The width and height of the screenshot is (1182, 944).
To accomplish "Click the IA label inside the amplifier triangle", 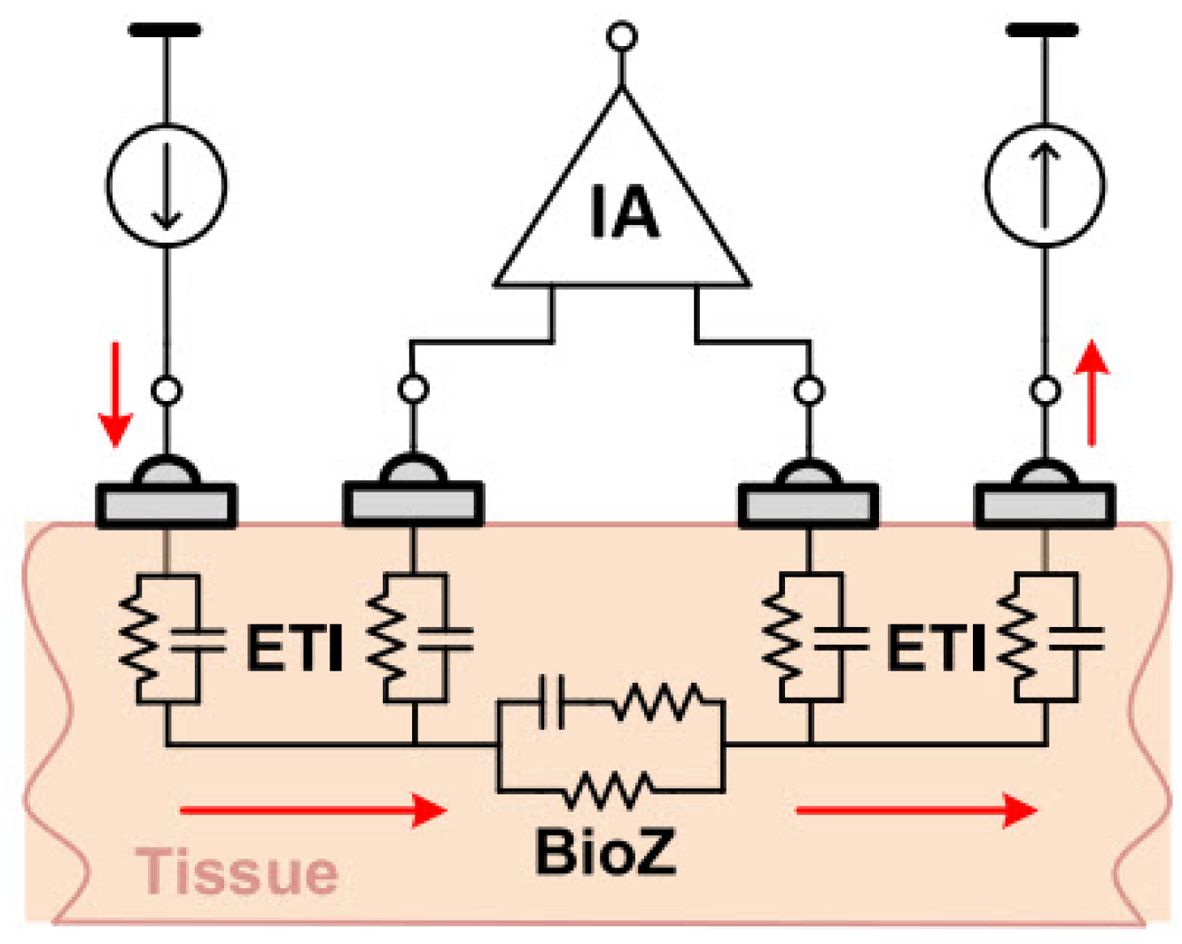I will click(624, 213).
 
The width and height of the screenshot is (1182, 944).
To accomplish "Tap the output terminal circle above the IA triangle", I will click(621, 37).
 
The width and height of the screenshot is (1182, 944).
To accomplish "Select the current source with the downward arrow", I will click(166, 186).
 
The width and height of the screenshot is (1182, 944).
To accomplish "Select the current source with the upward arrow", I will click(1045, 186).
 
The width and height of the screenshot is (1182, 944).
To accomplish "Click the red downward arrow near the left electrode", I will click(115, 394).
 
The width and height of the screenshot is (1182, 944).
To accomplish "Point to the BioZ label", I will click(605, 852).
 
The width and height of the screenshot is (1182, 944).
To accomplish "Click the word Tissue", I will click(237, 871).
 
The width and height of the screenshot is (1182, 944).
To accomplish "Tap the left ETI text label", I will click(294, 649).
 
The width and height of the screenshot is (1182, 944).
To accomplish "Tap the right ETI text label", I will click(936, 649).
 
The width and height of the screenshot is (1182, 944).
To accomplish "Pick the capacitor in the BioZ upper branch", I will click(552, 702).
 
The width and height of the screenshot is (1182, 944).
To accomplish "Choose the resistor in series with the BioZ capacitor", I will click(660, 702).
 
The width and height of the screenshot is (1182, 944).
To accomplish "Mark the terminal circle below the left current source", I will click(166, 390).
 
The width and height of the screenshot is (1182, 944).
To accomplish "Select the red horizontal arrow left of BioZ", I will click(312, 809).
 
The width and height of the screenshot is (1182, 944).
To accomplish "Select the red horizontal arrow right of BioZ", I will click(916, 809).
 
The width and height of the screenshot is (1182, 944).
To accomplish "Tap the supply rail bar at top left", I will click(165, 30).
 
